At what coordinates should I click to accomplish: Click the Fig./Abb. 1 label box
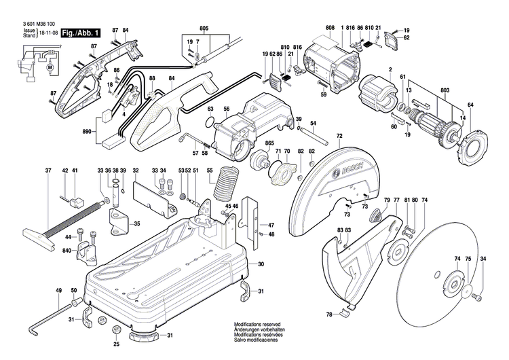pos(81,33)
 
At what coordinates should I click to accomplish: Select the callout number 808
pos(330,28)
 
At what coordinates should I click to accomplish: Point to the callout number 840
pos(68,251)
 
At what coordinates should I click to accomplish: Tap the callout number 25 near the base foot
pos(117,335)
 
